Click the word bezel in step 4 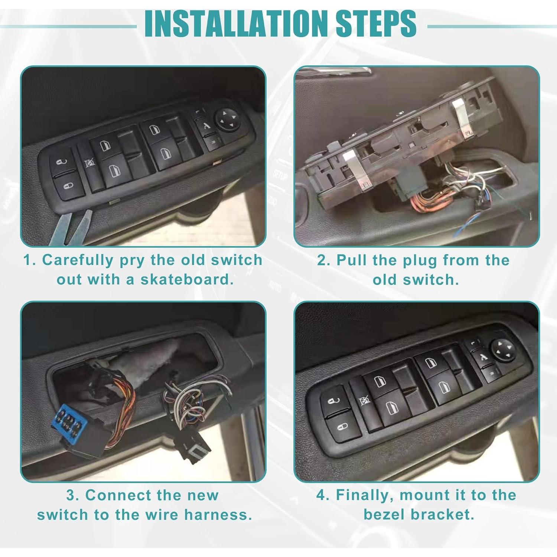coord(384,515)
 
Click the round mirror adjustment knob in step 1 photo coord(227,119)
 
